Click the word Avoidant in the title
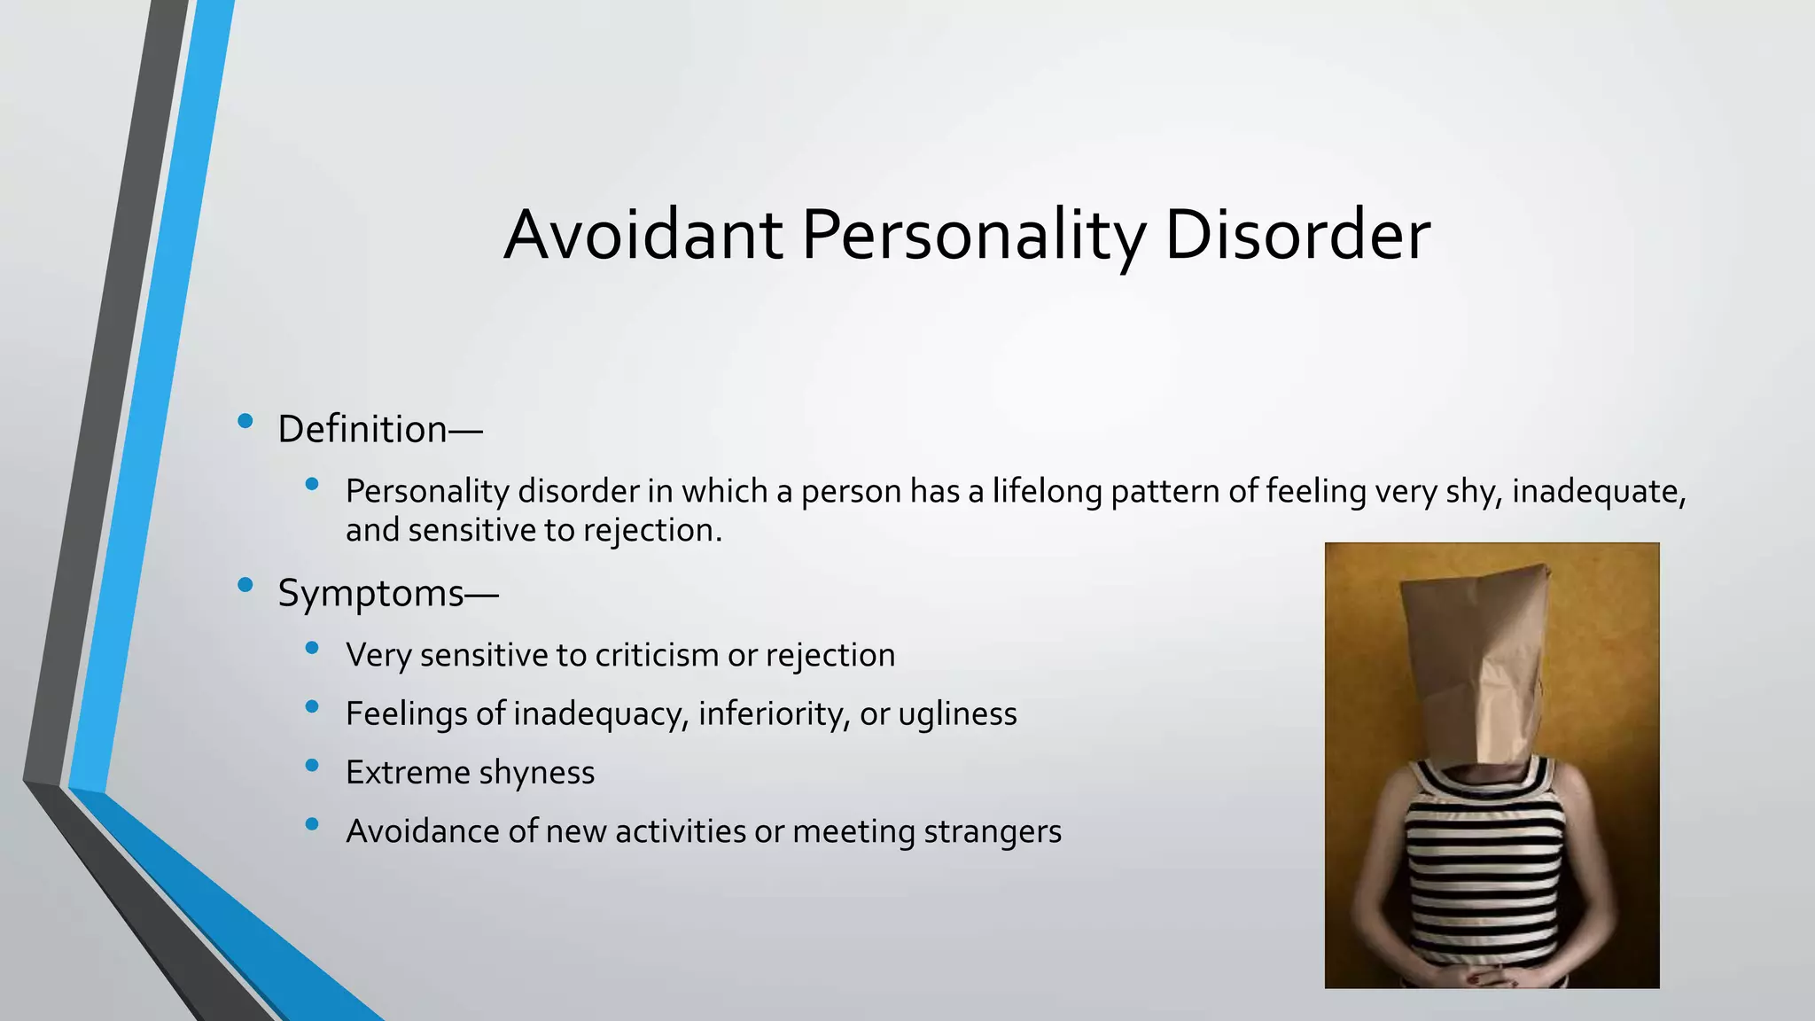pos(643,236)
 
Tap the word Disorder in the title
pos(1297,236)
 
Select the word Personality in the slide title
pos(973,236)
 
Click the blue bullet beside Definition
pos(245,421)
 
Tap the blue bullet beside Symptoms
pos(245,584)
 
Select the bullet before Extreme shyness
pos(311,765)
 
